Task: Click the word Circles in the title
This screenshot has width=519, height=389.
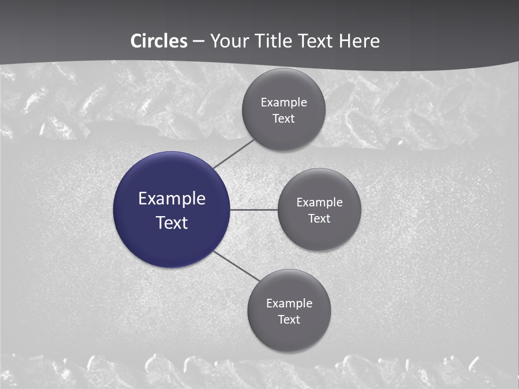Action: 159,41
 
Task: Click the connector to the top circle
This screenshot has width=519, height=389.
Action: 234,153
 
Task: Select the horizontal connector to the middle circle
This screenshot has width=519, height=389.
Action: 254,210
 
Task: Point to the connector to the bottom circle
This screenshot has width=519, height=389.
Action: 236,266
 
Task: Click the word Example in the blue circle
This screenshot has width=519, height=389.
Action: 172,199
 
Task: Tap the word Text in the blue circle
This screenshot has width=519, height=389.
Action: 172,223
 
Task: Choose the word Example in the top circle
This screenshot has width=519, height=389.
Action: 284,103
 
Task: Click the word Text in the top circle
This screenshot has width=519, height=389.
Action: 284,119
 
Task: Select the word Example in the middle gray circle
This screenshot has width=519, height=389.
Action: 320,203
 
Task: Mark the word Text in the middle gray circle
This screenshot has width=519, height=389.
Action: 320,219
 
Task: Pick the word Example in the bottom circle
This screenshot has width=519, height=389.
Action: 289,304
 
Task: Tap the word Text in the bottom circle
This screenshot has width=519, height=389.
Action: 289,320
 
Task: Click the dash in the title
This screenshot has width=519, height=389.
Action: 198,42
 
